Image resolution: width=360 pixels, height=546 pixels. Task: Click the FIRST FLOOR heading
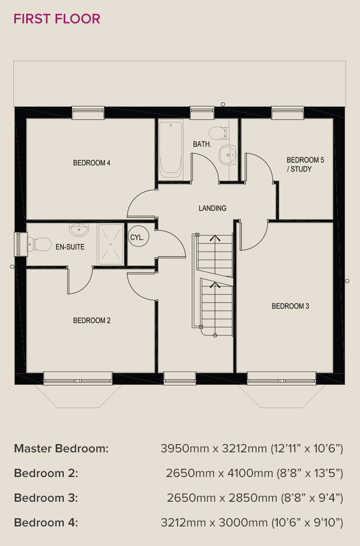click(57, 19)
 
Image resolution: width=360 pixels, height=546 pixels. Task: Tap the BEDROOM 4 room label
click(92, 163)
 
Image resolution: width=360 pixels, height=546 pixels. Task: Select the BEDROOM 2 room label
click(92, 321)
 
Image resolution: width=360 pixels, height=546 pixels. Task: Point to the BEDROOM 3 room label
click(291, 306)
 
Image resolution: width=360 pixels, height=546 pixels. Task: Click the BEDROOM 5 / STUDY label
click(305, 164)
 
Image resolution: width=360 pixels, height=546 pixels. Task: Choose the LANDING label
click(212, 208)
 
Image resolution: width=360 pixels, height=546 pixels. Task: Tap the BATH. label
click(202, 144)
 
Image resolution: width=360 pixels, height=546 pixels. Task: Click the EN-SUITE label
click(70, 247)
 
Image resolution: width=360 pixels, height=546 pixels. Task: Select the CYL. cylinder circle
click(138, 237)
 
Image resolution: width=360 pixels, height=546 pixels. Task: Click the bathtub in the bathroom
click(171, 150)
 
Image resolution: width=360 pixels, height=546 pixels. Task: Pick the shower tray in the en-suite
click(111, 245)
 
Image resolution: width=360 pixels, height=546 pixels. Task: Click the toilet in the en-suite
click(39, 244)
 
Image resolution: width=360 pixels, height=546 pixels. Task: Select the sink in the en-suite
click(79, 229)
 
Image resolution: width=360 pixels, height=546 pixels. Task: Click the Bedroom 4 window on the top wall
click(88, 113)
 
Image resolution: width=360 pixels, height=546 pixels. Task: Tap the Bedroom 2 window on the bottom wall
click(78, 379)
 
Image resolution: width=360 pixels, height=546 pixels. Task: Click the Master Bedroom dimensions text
click(251, 449)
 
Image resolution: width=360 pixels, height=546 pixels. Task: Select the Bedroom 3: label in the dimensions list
click(46, 498)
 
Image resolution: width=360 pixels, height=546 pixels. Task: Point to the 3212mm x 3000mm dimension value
click(214, 523)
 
